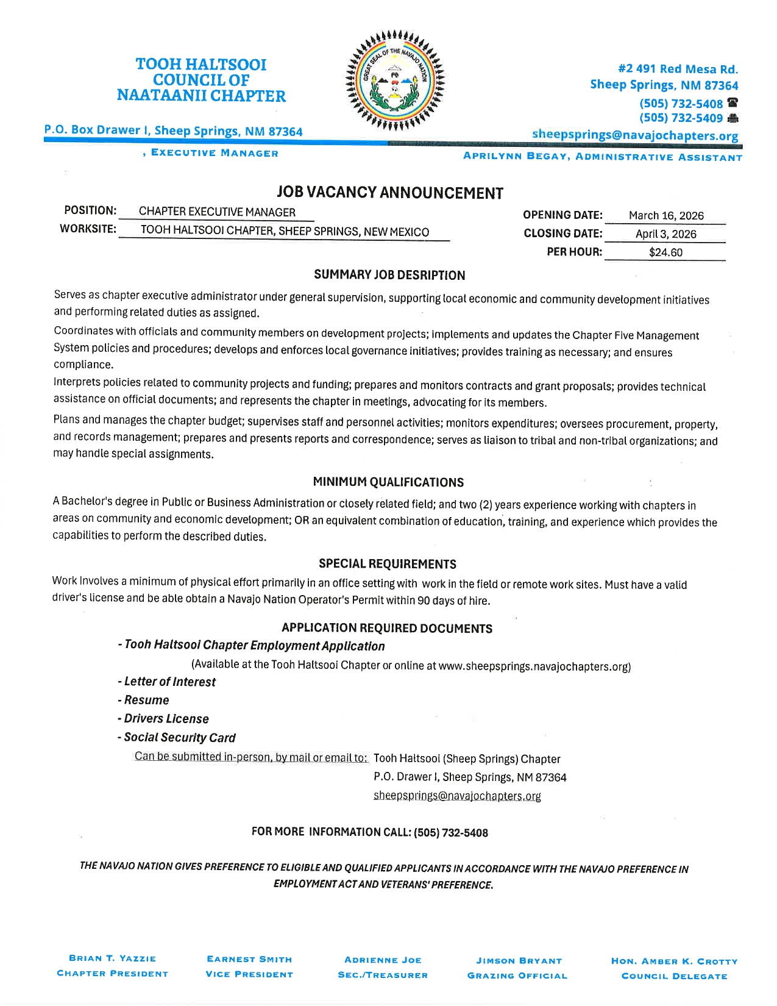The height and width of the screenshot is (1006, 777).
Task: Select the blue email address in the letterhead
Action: [x=634, y=135]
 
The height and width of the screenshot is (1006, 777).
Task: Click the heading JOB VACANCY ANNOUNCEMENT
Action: [x=389, y=193]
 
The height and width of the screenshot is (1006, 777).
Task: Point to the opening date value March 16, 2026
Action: [x=665, y=215]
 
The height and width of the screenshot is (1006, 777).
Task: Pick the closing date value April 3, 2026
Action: [x=665, y=234]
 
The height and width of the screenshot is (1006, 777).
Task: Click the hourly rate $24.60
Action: [x=665, y=252]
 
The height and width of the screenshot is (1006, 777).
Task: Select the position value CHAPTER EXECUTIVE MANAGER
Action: [x=217, y=212]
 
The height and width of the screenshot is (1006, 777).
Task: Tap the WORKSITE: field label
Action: [x=88, y=229]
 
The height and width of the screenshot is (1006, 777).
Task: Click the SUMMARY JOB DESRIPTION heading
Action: [x=389, y=275]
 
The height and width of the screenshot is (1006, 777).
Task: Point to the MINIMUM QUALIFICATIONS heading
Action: [x=388, y=482]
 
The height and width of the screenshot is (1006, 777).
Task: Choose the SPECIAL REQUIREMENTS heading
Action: [x=388, y=564]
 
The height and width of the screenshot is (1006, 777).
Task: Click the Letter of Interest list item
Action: [x=167, y=682]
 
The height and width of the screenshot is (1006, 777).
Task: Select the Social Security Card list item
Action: [x=177, y=737]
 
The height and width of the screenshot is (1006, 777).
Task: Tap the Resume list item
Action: [x=144, y=700]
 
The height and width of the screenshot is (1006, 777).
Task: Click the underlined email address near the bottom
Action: [x=457, y=796]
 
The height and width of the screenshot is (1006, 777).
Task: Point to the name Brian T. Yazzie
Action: [x=113, y=958]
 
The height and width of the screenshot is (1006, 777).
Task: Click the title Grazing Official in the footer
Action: [x=517, y=976]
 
